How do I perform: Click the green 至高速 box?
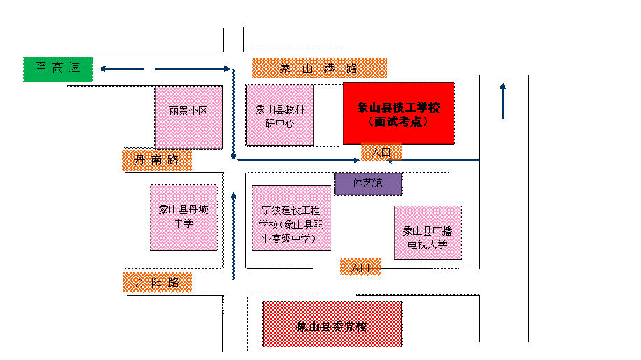tap(58, 69)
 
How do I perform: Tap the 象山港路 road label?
tap(319, 68)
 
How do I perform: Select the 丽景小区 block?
tap(188, 117)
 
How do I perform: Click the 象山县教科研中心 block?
tap(280, 115)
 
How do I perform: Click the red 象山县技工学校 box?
tap(398, 113)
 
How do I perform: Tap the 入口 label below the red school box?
tap(382, 152)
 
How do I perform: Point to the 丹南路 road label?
tap(157, 160)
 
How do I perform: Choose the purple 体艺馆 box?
tap(368, 184)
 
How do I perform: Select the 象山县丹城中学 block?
tap(184, 217)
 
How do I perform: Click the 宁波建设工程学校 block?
tap(291, 217)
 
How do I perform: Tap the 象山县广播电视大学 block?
tap(427, 233)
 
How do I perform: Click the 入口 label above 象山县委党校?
tap(361, 266)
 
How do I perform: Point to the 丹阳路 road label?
tap(157, 282)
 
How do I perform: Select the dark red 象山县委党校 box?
tap(332, 324)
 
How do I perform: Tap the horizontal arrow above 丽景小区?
tap(192, 69)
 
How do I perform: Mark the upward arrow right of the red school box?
tap(503, 101)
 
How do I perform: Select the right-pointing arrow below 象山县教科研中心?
tap(298, 160)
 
